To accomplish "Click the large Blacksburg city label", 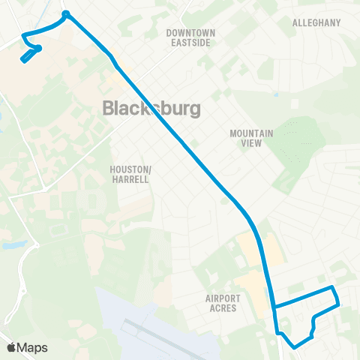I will click(151, 109).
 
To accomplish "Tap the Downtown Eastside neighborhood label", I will click(190, 38).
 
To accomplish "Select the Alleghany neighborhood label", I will click(316, 22).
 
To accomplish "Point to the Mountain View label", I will click(251, 138).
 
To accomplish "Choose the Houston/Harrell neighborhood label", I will click(131, 175).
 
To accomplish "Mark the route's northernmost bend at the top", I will click(66, 13).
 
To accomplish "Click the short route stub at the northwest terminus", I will click(30, 55).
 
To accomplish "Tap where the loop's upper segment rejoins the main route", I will click(274, 307).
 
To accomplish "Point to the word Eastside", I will click(190, 43).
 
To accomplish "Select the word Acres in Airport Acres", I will click(223, 307).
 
